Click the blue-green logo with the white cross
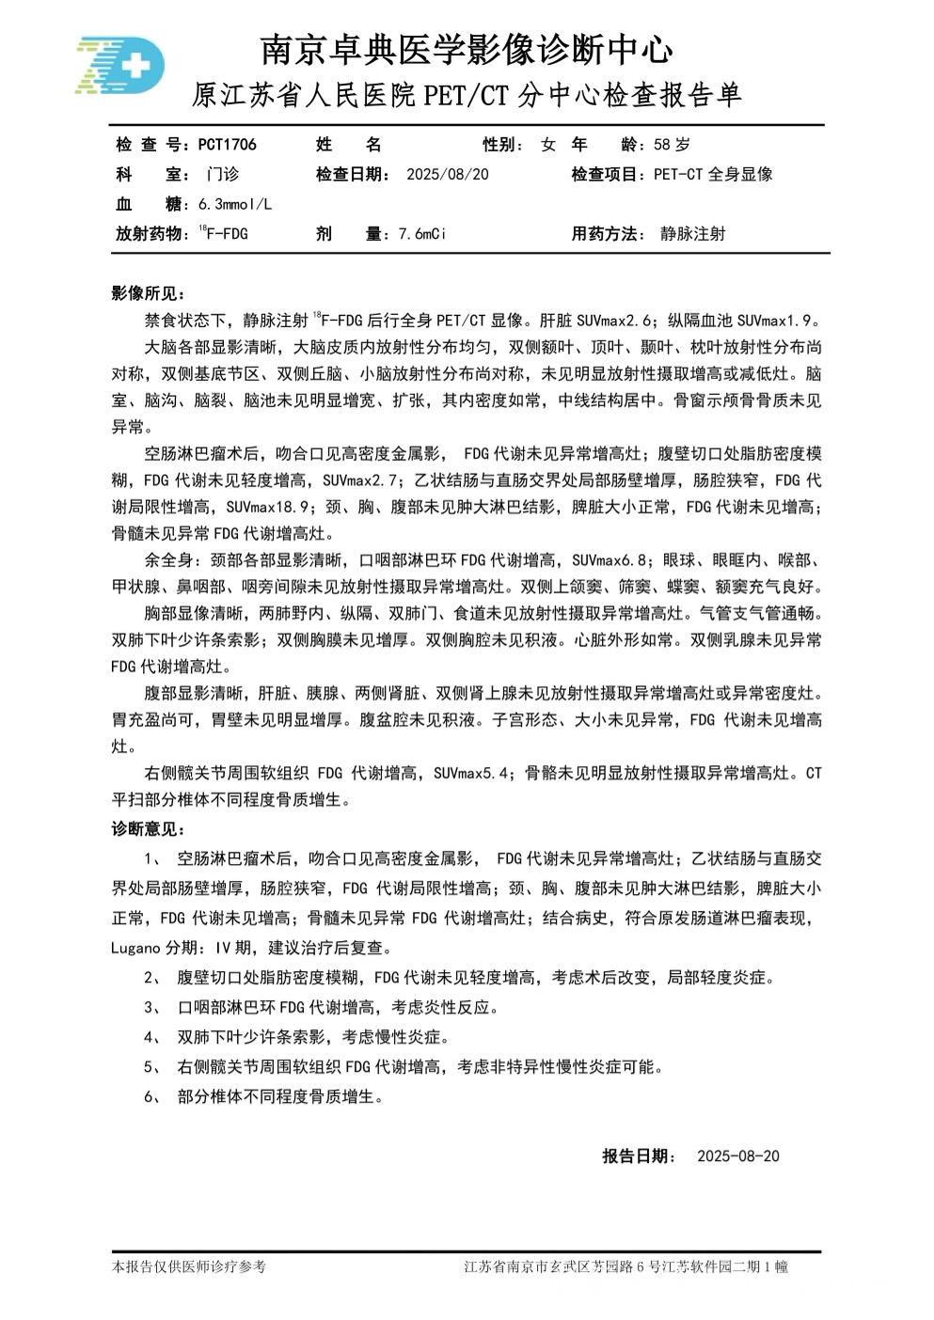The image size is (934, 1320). (x=119, y=67)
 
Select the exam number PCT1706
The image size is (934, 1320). (x=227, y=145)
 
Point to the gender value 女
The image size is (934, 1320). (x=548, y=145)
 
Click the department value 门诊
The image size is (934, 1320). (x=223, y=174)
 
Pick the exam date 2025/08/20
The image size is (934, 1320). (x=447, y=174)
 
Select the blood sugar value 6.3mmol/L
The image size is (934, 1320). (x=235, y=204)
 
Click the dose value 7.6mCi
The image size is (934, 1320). (x=421, y=234)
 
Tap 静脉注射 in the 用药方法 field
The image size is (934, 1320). (x=693, y=234)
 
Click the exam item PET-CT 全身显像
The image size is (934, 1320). (x=713, y=174)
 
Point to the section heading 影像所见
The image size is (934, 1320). (x=148, y=293)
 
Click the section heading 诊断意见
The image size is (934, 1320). (x=148, y=829)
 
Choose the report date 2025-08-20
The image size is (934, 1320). (x=738, y=1156)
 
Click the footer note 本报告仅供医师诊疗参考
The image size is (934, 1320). (x=189, y=1267)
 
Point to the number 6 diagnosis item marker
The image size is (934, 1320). (x=151, y=1097)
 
